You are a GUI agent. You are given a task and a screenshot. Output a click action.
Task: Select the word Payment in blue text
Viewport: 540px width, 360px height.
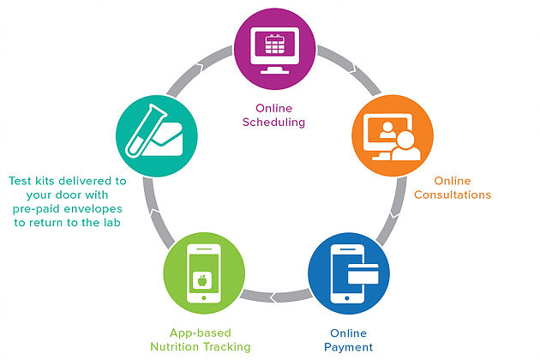[348, 347]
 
